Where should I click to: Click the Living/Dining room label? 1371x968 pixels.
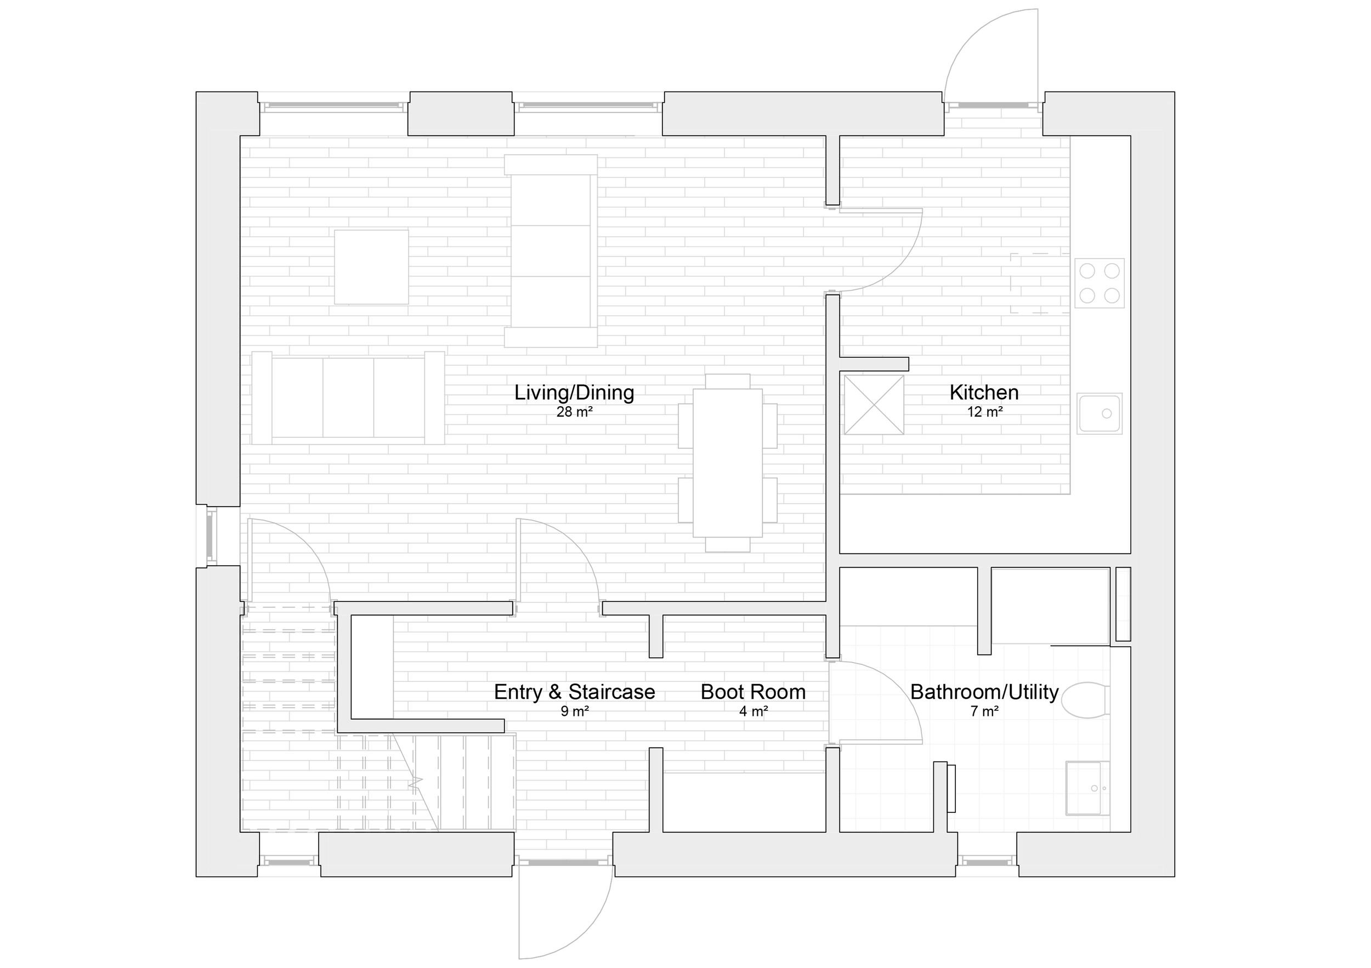click(574, 392)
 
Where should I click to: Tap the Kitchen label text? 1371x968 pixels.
click(984, 392)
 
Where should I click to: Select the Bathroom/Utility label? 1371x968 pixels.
click(984, 692)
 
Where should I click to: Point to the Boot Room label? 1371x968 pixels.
click(753, 692)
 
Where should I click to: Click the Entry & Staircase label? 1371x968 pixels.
click(574, 692)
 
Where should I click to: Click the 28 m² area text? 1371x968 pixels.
click(574, 412)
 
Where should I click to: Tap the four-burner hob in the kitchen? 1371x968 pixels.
click(1100, 283)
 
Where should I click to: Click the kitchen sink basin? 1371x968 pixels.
click(1100, 413)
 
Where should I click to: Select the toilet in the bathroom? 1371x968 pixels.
click(1086, 700)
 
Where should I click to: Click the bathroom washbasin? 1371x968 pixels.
click(1087, 788)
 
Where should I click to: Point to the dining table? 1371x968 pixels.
click(728, 463)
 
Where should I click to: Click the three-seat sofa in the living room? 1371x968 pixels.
click(348, 398)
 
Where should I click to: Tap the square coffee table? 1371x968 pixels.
click(371, 267)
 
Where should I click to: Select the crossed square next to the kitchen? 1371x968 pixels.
click(874, 405)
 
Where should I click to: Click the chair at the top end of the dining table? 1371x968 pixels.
click(727, 381)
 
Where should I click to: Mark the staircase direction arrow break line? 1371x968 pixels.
click(416, 782)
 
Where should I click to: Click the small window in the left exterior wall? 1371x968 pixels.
click(211, 537)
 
